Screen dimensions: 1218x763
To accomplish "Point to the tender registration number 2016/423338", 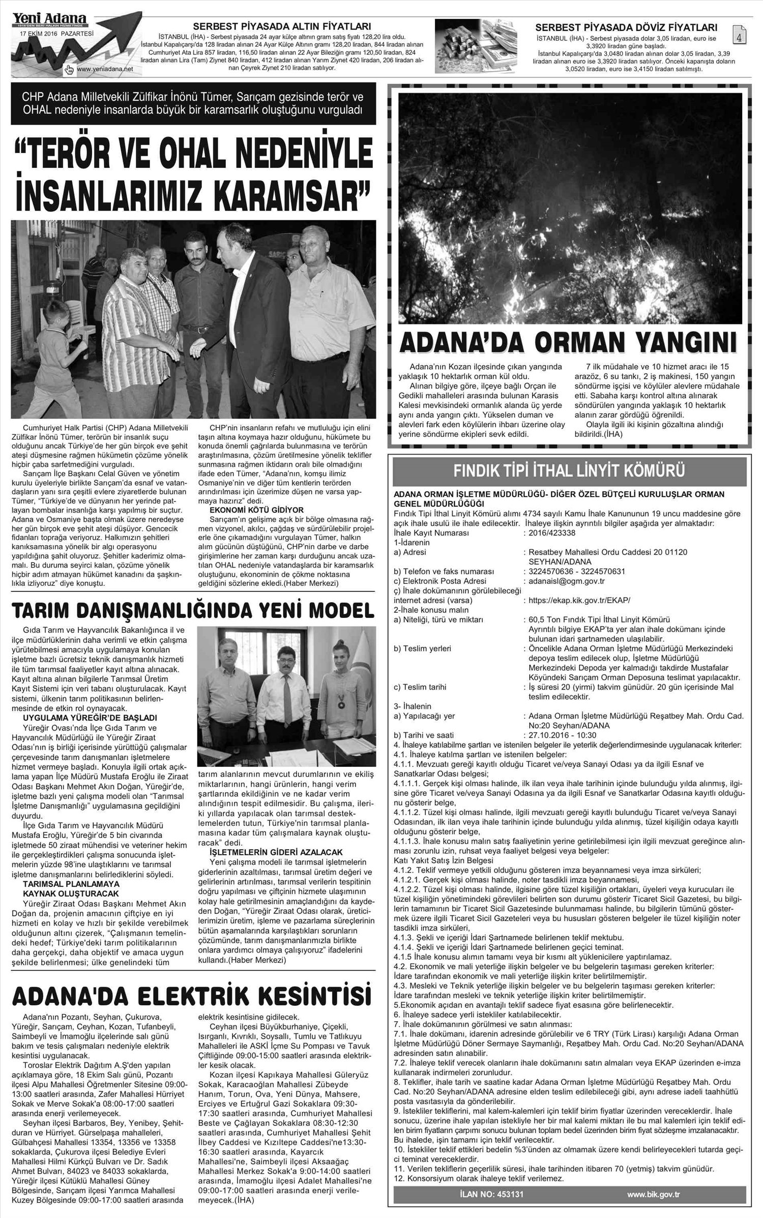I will pyautogui.click(x=552, y=533).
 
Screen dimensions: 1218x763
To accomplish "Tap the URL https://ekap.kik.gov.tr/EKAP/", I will pyautogui.click(x=579, y=600).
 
